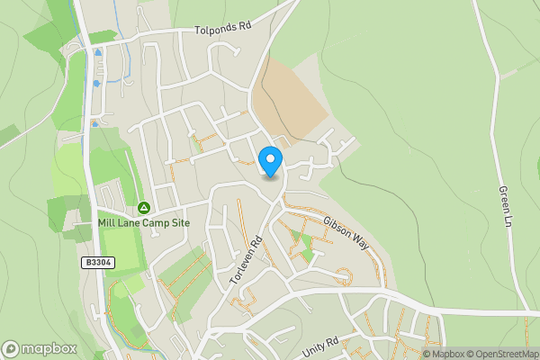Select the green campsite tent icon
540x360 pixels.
click(143, 208)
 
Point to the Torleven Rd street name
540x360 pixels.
click(245, 260)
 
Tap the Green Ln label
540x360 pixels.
click(506, 208)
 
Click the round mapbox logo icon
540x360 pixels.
click(12, 348)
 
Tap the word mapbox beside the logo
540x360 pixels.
click(50, 349)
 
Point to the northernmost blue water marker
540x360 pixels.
click(97, 53)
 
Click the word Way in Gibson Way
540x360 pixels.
click(360, 243)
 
